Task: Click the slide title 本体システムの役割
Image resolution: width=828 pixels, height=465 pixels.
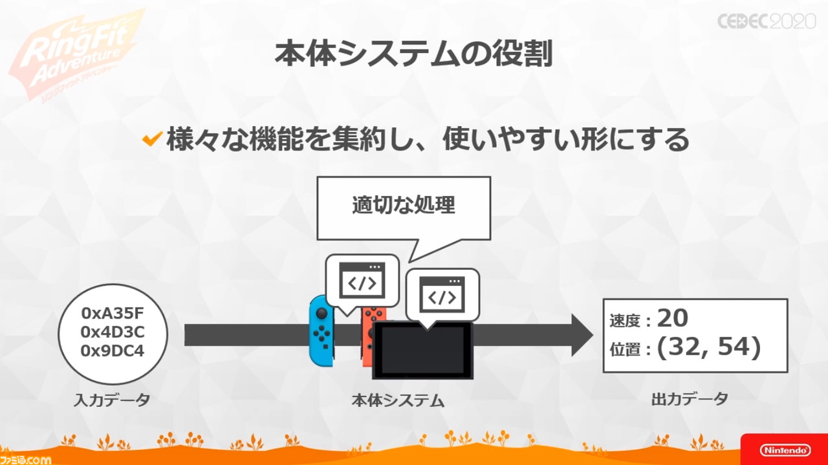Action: tap(413, 54)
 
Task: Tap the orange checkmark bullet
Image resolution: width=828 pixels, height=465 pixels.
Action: tap(152, 138)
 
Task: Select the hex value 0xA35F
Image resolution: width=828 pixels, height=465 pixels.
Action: tap(113, 314)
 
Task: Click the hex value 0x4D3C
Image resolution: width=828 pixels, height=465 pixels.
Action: tap(113, 332)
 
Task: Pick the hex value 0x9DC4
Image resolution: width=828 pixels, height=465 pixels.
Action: tap(113, 351)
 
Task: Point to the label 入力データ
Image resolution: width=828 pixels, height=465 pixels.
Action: tap(112, 400)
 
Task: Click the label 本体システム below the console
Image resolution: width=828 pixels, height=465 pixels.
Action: tap(398, 400)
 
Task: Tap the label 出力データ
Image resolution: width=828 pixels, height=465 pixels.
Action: tap(690, 399)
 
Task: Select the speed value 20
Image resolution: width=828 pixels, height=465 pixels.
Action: tap(672, 318)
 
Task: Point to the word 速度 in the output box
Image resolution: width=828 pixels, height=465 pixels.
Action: tap(625, 321)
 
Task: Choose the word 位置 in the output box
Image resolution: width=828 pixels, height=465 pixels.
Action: tap(625, 349)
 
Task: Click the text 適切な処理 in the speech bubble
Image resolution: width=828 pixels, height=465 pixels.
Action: tap(404, 205)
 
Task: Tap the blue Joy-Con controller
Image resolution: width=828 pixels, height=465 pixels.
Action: tap(321, 331)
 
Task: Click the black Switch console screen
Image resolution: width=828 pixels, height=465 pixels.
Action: tap(422, 351)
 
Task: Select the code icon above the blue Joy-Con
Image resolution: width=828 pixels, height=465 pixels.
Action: tap(362, 280)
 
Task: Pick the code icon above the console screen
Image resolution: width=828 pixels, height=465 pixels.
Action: tap(442, 295)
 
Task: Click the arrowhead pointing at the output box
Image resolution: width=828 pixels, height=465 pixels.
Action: tap(582, 335)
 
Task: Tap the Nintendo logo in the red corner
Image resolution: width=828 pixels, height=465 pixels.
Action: tap(785, 450)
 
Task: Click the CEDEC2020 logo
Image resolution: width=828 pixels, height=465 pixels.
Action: tap(767, 21)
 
